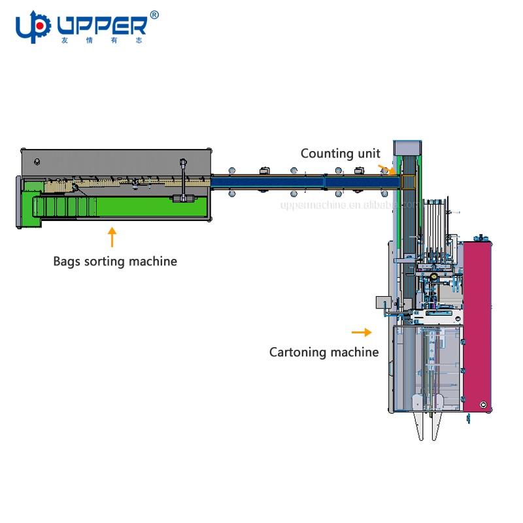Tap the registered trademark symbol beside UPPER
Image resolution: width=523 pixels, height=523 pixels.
pos(154,14)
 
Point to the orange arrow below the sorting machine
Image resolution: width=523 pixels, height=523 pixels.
pos(112,237)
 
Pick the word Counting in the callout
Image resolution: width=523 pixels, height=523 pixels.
pos(326,154)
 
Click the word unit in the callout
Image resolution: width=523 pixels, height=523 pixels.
pos(368,154)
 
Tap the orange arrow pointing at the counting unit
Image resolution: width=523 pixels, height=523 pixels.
pos(387,170)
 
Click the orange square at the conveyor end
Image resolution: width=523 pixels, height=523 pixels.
pos(408,182)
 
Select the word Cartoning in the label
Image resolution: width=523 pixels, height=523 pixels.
pos(297,352)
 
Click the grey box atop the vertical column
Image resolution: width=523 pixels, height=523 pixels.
pos(408,147)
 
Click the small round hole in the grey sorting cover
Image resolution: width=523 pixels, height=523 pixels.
pos(37,161)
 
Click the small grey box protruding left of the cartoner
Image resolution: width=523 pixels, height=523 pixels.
pos(382,303)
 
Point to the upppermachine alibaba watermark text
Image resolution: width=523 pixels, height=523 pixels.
pos(346,206)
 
